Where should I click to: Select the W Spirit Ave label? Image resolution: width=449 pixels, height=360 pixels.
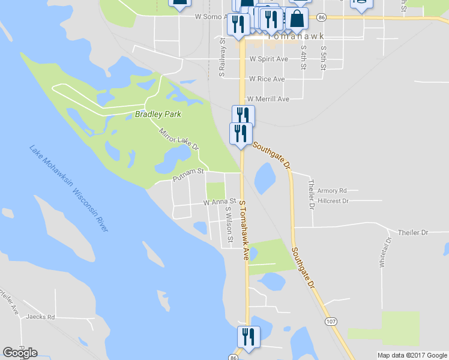[269, 59]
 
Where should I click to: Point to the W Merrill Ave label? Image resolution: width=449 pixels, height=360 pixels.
[269, 99]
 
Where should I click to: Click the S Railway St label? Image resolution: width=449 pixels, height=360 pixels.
[222, 58]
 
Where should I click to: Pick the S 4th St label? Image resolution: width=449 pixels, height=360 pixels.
[304, 57]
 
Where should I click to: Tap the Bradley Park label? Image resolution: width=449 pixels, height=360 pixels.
[158, 114]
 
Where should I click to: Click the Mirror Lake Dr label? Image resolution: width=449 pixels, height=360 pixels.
[178, 139]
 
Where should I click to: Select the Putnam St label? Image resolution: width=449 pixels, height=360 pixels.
[188, 172]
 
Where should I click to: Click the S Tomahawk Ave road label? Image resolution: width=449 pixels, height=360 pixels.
[244, 230]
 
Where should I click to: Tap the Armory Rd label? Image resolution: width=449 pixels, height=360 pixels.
[333, 191]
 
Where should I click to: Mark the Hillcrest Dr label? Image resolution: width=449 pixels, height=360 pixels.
[334, 201]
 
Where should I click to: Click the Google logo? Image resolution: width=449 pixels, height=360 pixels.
[20, 352]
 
